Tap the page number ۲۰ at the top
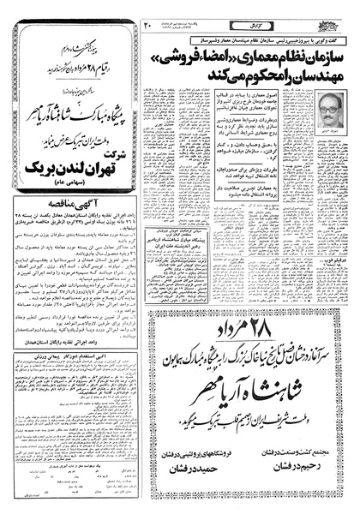(x=171, y=11)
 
